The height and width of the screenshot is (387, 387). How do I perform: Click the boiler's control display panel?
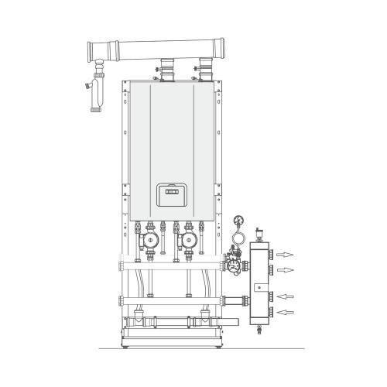[x=169, y=189]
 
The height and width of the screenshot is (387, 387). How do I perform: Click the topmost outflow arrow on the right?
[x=286, y=253]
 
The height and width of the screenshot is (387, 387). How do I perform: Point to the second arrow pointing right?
[x=286, y=269]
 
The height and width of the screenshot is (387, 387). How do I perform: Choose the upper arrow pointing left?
[x=286, y=296]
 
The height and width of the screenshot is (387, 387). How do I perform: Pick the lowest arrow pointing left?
[x=286, y=312]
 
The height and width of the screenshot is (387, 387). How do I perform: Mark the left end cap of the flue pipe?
[x=91, y=50]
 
